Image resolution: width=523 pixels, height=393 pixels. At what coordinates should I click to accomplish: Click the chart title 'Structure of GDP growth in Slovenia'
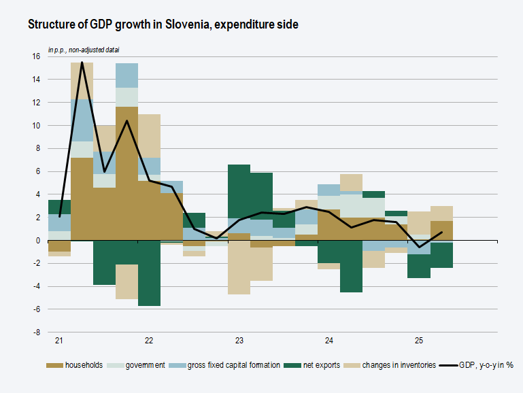(x=163, y=24)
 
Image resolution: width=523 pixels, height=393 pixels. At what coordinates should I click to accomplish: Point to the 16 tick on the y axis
(x=36, y=56)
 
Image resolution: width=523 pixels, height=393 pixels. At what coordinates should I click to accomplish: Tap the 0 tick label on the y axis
(x=37, y=241)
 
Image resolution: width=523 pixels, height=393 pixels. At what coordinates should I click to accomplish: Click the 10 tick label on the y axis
(x=36, y=126)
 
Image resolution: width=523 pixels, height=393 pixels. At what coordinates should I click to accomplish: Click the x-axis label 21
(x=59, y=341)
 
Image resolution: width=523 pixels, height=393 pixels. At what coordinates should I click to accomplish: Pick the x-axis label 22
(x=149, y=341)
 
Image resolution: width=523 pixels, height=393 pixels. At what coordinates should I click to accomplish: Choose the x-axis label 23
(x=239, y=341)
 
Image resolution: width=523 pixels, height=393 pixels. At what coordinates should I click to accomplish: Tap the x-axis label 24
(x=329, y=341)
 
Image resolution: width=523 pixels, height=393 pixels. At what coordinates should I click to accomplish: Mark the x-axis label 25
(x=419, y=341)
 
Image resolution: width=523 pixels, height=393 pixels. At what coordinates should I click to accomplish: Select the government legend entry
(x=140, y=365)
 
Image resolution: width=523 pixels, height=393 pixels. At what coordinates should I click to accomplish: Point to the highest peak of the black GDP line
(x=82, y=63)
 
